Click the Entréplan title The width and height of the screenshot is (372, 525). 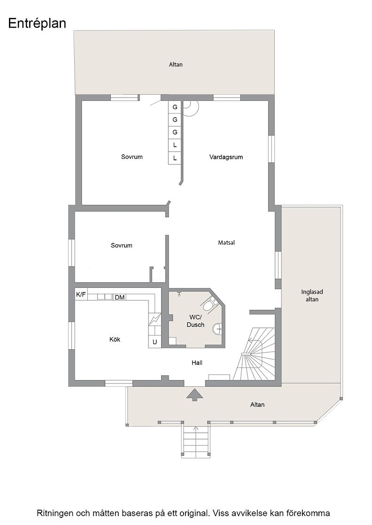(37, 23)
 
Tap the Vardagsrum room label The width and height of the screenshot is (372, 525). (226, 157)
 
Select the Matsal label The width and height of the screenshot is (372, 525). (226, 242)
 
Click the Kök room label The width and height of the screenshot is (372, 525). (115, 339)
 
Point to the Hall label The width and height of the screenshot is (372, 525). (197, 363)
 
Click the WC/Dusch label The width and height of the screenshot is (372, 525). (195, 321)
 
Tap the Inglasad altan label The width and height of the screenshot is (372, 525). (312, 295)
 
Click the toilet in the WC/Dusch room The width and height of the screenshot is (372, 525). (210, 303)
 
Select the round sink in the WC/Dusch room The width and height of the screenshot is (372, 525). (217, 329)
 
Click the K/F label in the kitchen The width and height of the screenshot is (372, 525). (81, 295)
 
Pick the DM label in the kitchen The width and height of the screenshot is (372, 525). (120, 297)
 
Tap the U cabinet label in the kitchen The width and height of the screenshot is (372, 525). (155, 342)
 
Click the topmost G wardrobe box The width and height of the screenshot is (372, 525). (175, 107)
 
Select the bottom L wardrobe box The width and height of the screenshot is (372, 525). (175, 158)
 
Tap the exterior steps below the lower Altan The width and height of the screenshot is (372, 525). (196, 440)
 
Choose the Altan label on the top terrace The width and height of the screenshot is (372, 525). (176, 64)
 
